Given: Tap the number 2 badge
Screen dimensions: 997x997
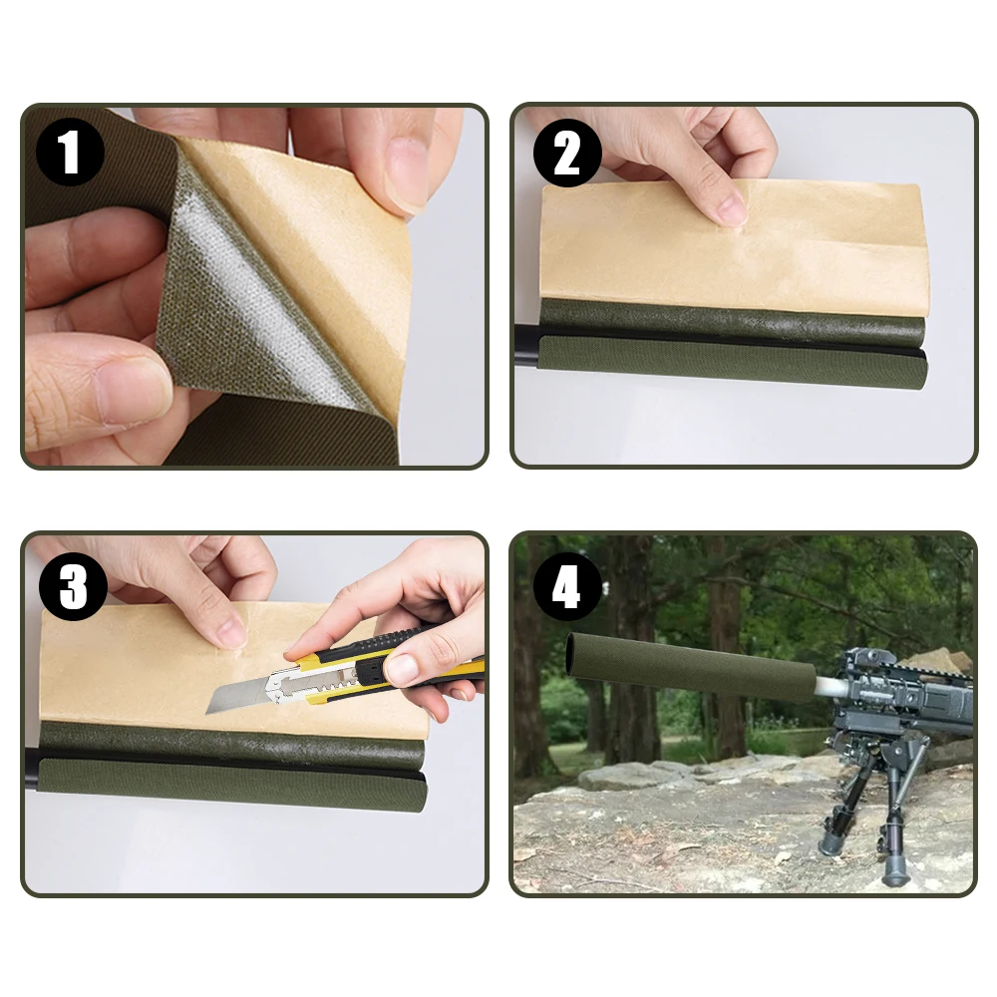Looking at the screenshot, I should coord(567,155).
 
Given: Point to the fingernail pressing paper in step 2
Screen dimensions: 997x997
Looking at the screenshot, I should coord(730,208).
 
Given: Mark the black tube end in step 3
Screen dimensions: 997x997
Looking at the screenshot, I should coord(32,772).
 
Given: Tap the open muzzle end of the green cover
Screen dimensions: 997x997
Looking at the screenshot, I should coord(574,657).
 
